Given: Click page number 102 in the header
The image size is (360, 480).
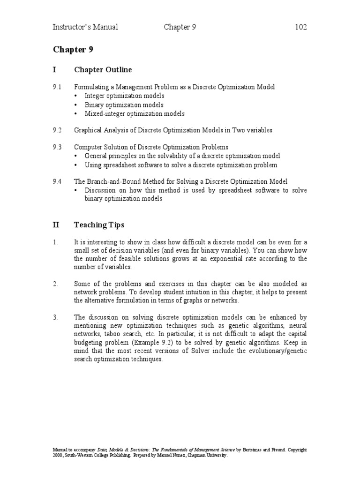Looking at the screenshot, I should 300,27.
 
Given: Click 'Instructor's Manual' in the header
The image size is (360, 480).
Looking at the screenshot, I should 85,27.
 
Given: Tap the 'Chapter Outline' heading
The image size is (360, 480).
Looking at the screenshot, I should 103,70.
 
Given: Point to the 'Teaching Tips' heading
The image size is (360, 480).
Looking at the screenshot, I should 99,225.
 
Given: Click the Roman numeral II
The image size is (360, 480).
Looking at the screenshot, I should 56,225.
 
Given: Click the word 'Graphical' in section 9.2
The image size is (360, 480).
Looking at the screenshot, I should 88,130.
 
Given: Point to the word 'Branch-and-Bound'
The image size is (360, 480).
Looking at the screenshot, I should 112,181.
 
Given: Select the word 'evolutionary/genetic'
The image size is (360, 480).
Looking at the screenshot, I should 277,351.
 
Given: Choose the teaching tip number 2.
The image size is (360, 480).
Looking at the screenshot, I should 55,284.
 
